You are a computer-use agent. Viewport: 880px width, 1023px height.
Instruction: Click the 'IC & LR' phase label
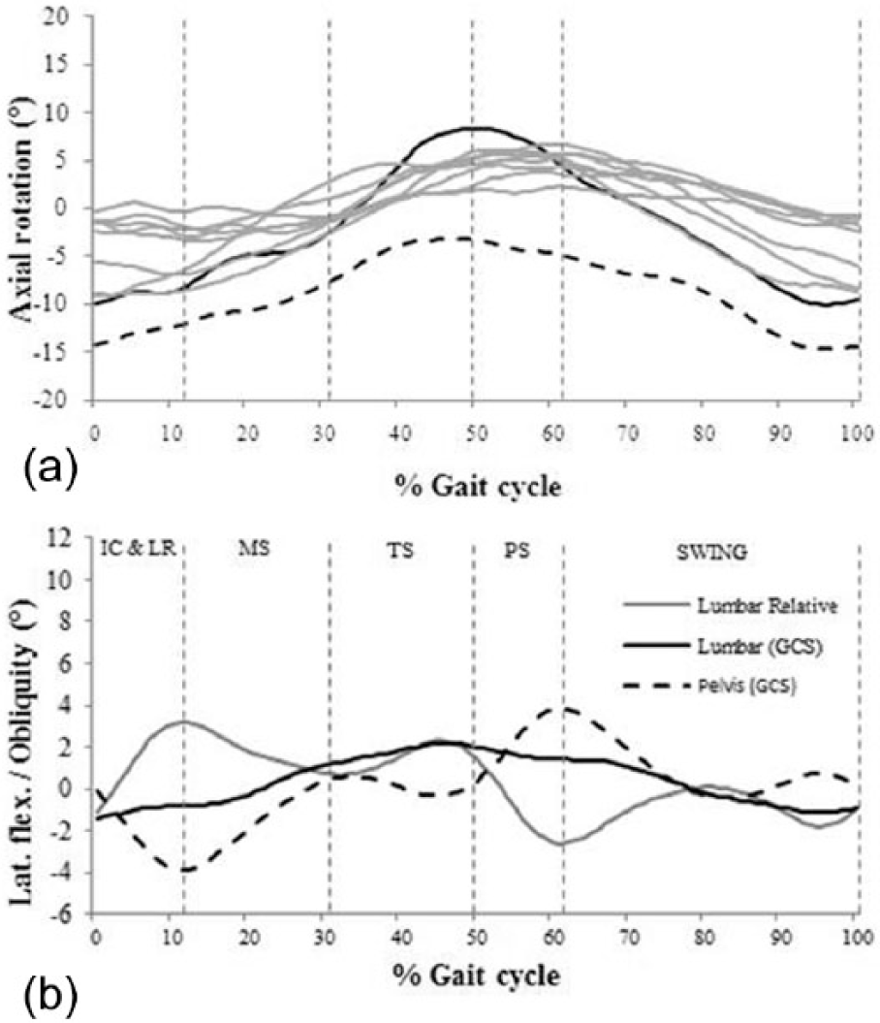[x=138, y=548]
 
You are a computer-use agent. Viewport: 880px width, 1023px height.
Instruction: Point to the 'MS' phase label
[x=254, y=548]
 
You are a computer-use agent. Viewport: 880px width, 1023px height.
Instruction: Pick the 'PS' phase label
[x=517, y=552]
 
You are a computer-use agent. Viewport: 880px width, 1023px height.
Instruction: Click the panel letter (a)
[x=50, y=467]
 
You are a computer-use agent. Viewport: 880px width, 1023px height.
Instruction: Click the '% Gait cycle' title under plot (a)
[x=477, y=486]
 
